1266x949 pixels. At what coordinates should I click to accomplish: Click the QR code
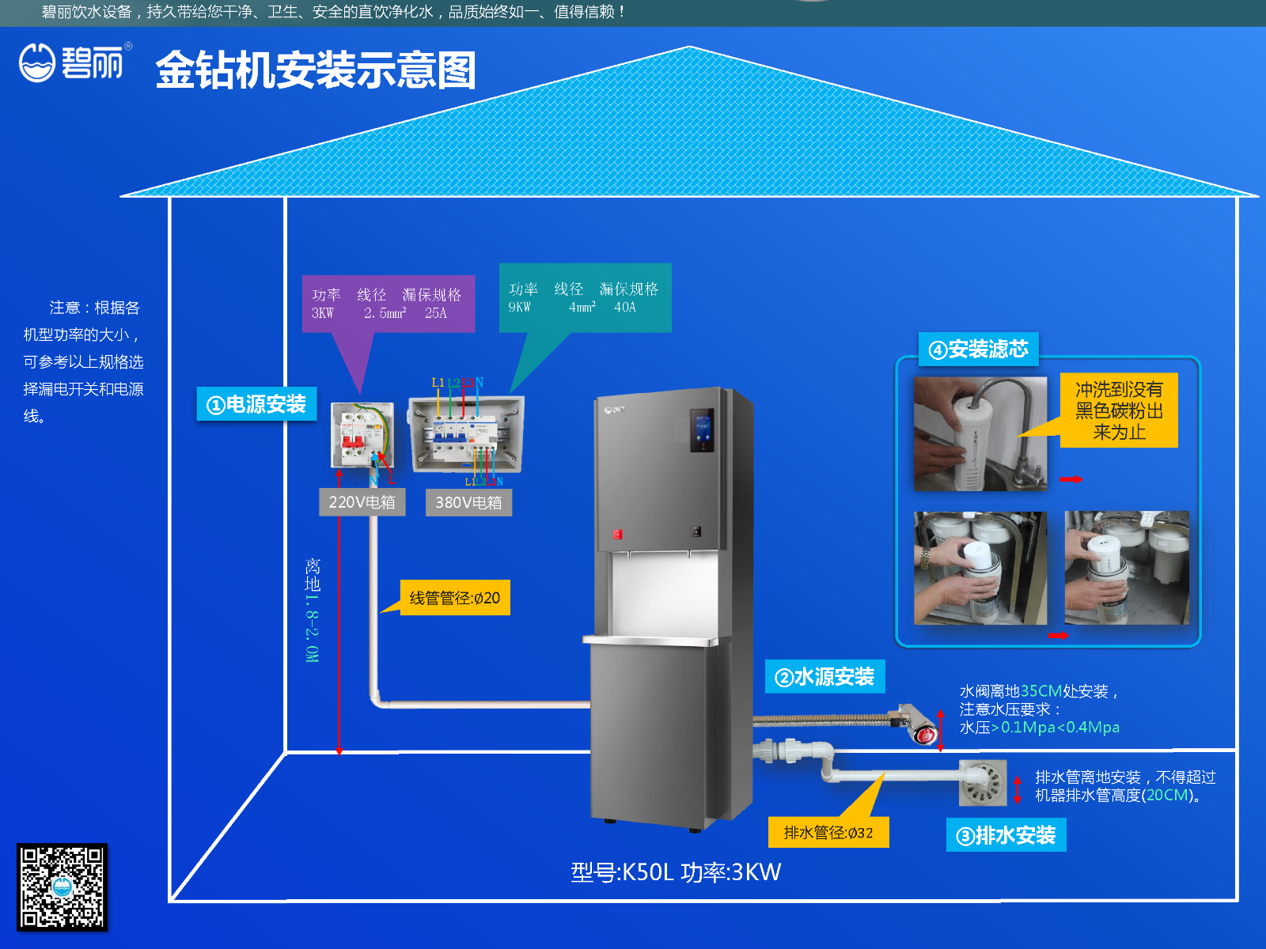(x=62, y=887)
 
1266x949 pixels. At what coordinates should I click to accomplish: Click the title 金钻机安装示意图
(x=316, y=70)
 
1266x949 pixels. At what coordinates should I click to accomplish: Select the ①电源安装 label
(x=256, y=404)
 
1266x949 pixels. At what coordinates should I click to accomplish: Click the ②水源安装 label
(x=824, y=677)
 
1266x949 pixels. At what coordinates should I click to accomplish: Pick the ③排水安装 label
(x=1006, y=835)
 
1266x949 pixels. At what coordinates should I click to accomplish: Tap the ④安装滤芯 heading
(x=978, y=349)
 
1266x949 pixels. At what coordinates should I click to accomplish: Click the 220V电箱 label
(x=362, y=502)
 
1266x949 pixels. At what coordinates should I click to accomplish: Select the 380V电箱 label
(x=468, y=502)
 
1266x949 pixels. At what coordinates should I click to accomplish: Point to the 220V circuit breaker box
(x=362, y=434)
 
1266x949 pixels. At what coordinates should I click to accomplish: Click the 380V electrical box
(x=465, y=433)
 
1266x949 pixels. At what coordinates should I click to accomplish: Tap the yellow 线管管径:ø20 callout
(x=455, y=598)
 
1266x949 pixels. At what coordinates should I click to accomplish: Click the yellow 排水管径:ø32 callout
(x=828, y=832)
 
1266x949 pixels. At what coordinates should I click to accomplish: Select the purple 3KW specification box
(x=388, y=304)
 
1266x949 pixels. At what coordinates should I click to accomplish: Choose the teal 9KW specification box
(x=585, y=297)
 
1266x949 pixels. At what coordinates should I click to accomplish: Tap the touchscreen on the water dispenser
(x=702, y=430)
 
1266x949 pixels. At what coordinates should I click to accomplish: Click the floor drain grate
(x=983, y=783)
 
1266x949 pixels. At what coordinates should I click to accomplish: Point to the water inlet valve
(x=915, y=723)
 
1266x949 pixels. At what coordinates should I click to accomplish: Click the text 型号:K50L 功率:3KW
(x=676, y=871)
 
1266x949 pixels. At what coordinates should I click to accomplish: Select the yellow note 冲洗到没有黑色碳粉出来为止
(x=1119, y=410)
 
